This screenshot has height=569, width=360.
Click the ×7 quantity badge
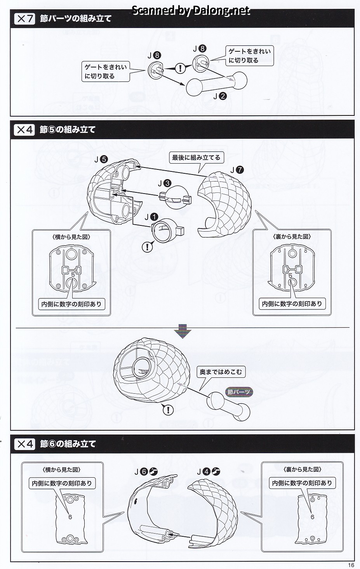[24, 18]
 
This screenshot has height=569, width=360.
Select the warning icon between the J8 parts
[181, 69]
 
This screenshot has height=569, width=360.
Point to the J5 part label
[101, 159]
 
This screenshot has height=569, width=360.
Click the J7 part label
[237, 170]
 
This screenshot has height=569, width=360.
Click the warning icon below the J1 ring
[147, 247]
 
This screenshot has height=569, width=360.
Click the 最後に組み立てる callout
[196, 158]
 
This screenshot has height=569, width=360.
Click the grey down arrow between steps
[183, 332]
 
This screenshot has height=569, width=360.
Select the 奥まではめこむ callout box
[221, 372]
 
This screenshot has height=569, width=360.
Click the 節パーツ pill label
[239, 392]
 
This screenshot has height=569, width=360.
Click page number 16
[351, 565]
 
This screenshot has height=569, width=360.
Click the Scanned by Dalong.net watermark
[191, 10]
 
